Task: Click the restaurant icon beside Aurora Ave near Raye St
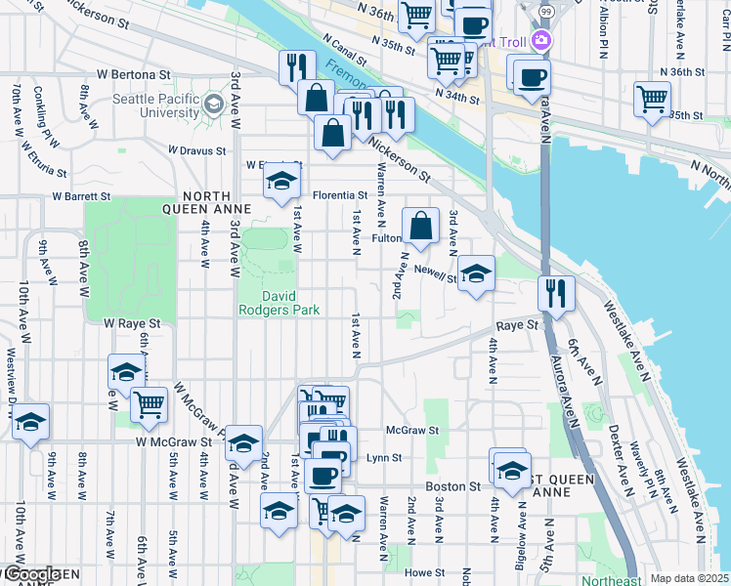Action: [x=555, y=292]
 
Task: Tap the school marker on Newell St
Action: [x=476, y=272]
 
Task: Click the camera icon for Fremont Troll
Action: [x=540, y=41]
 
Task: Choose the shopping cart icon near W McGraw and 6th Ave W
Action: [x=149, y=402]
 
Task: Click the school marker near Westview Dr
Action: [x=30, y=421]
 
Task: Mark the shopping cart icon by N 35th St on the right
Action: [x=652, y=98]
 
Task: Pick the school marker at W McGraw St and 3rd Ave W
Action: [x=243, y=443]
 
